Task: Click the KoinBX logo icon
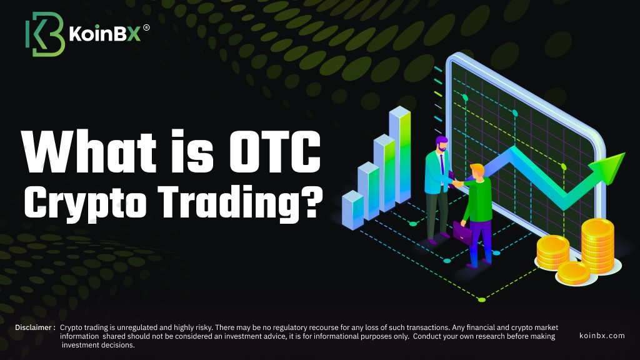tap(45, 34)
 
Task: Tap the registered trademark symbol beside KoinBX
tap(146, 27)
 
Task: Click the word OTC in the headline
tap(275, 152)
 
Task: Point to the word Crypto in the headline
tap(85, 203)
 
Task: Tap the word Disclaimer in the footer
tap(34, 327)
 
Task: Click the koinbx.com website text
tap(602, 336)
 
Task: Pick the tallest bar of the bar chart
tap(399, 155)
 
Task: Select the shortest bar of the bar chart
tap(352, 210)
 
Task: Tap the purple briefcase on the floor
tap(462, 232)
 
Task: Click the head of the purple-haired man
tap(441, 144)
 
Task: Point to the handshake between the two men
tap(458, 184)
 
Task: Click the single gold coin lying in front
tap(574, 273)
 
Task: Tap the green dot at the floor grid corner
tap(482, 299)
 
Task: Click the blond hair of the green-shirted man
tap(476, 169)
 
